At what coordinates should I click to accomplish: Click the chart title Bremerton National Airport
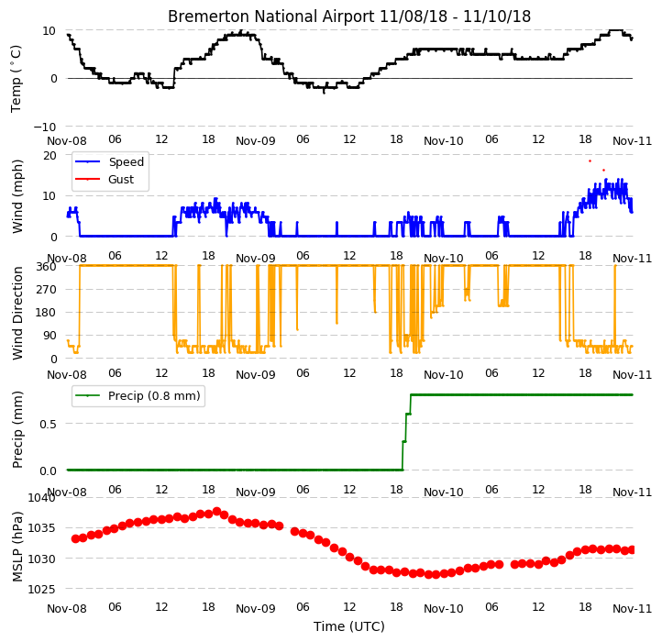[x=270, y=17]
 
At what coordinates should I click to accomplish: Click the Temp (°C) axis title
[x=16, y=79]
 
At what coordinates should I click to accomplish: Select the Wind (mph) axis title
[x=17, y=196]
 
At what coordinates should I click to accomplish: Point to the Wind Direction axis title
[x=17, y=313]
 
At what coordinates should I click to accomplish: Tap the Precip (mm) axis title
[x=17, y=429]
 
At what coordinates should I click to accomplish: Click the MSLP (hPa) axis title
[x=17, y=547]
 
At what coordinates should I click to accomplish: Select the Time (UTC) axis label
[x=349, y=625]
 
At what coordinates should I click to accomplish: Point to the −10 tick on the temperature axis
[x=45, y=127]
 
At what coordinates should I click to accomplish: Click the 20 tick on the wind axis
[x=50, y=156]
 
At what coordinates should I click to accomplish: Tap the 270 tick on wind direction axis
[x=48, y=290]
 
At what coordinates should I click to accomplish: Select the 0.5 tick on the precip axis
[x=48, y=424]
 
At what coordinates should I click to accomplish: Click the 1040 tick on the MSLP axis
[x=42, y=498]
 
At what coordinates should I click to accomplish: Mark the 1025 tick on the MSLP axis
[x=42, y=589]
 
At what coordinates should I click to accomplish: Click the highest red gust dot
[x=590, y=160]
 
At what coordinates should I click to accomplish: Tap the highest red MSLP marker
[x=217, y=512]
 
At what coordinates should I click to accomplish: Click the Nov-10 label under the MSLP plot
[x=443, y=609]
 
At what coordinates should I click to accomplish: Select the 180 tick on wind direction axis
[x=48, y=313]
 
